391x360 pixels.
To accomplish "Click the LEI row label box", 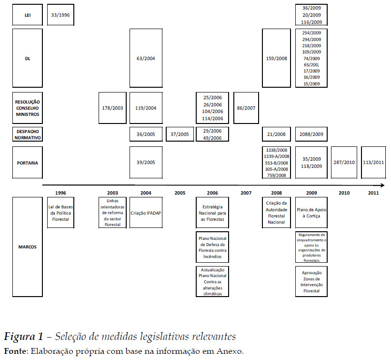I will (x=28, y=15).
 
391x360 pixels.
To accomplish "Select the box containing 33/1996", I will (x=60, y=15).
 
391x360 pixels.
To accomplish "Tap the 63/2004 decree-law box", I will (x=146, y=58).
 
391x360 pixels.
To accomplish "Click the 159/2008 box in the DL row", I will (x=276, y=58).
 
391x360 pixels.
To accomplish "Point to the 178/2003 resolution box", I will (x=112, y=108).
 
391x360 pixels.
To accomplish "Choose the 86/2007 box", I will (x=246, y=108).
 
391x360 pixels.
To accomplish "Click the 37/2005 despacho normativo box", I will (x=180, y=134).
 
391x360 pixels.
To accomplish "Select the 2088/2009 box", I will (x=311, y=134).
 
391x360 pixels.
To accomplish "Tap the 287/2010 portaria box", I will (x=344, y=162).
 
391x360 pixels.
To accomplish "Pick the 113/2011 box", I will (x=373, y=162).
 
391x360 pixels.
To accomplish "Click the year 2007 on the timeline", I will (x=246, y=193).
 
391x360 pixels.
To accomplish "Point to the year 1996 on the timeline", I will (x=60, y=193).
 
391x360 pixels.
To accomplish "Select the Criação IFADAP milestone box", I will (x=146, y=213).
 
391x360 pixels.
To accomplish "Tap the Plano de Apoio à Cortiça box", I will (x=311, y=213).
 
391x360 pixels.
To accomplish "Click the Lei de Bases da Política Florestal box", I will (x=60, y=213).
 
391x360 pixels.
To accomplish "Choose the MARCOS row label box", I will (x=28, y=247).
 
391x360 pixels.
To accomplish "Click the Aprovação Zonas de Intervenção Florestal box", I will (x=311, y=281).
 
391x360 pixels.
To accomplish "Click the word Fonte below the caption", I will (x=14, y=351).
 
